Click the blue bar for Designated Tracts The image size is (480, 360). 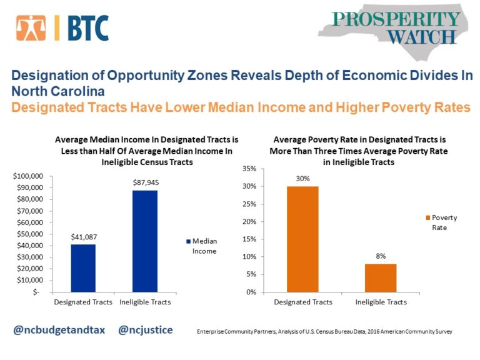tap(83, 267)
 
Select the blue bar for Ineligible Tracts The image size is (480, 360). tap(144, 241)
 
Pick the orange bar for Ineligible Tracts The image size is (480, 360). tap(381, 277)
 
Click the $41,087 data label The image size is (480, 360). tap(83, 237)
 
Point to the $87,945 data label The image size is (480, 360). tap(144, 182)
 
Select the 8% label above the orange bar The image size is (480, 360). tap(381, 256)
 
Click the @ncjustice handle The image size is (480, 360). tap(145, 329)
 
